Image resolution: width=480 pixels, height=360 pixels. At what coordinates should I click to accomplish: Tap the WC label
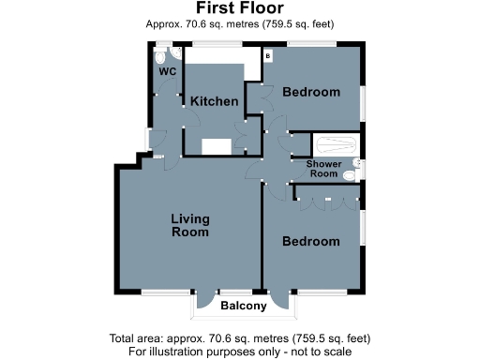[x=168, y=70]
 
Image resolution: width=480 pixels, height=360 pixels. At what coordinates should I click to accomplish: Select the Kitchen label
[x=215, y=101]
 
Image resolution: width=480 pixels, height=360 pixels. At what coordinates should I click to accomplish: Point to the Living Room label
[x=189, y=225]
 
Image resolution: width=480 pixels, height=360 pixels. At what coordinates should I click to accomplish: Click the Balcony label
[x=244, y=307]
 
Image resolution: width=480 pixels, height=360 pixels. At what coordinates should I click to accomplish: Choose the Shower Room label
[x=322, y=169]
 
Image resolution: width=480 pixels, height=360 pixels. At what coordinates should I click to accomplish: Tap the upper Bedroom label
[x=311, y=92]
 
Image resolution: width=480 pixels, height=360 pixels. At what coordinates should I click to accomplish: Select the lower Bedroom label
[x=311, y=241]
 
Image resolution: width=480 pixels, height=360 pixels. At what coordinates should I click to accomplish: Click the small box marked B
[x=268, y=56]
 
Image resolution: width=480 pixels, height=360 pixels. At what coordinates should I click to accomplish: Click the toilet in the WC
[x=162, y=54]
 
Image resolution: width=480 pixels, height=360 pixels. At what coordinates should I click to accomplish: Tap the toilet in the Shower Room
[x=350, y=173]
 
